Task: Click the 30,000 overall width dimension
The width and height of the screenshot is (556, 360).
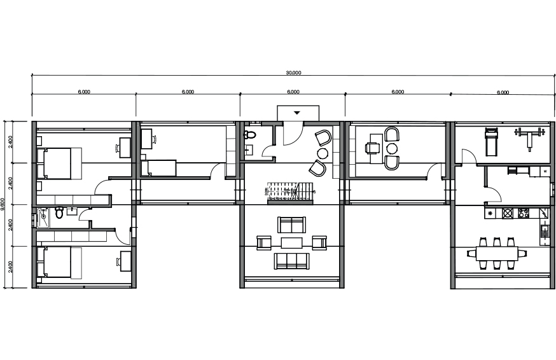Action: pos(294,73)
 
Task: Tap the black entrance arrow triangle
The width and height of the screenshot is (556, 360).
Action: pos(297,113)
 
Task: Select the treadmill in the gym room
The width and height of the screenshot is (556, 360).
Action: pos(491,142)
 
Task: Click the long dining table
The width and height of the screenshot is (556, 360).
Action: pos(497,254)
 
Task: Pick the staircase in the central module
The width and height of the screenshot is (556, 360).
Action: pos(290,193)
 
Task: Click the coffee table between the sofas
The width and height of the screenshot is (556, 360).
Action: pos(291,242)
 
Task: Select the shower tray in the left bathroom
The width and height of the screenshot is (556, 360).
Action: pos(43,217)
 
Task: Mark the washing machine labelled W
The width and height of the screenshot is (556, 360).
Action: pos(545,171)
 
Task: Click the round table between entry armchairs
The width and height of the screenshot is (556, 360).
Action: pos(323,153)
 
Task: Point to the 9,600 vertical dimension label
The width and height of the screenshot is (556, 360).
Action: pos(3,205)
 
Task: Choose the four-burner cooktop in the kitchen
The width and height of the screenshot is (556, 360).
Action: pos(524,214)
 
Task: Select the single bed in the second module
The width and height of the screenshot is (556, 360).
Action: pos(158,168)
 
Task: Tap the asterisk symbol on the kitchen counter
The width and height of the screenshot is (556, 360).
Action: pos(490,214)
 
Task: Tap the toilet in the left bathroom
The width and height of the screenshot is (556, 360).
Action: pos(59,213)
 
